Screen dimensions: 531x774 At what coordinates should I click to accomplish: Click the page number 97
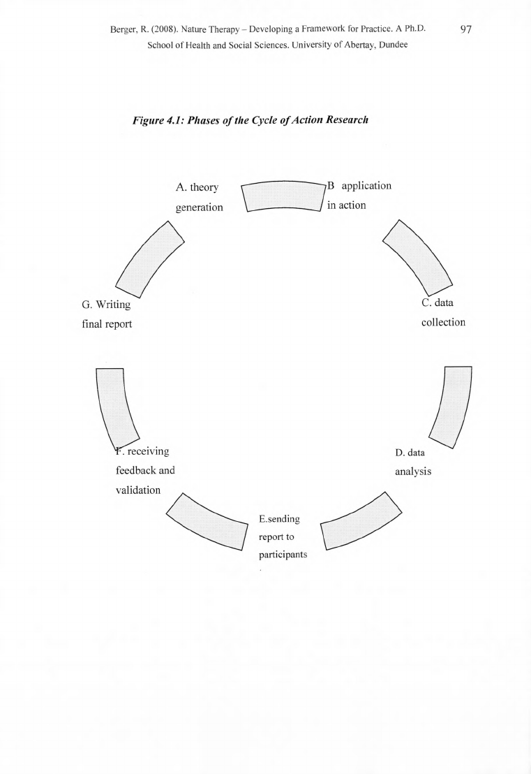[x=466, y=29]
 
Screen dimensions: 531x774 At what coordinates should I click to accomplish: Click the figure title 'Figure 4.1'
[x=157, y=120]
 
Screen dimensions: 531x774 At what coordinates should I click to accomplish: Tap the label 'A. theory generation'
[x=199, y=197]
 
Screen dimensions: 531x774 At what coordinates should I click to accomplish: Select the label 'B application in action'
[x=359, y=196]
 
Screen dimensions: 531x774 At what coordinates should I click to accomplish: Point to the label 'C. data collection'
[x=443, y=312]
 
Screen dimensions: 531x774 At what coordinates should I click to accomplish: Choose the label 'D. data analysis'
[x=413, y=462]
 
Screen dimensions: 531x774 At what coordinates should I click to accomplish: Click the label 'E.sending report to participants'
[x=283, y=536]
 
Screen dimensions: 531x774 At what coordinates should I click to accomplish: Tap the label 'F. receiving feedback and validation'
[x=145, y=470]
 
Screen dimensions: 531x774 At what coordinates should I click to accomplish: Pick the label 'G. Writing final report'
[x=107, y=314]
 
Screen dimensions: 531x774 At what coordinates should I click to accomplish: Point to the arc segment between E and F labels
[x=207, y=521]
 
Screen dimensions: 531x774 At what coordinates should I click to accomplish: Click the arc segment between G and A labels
[x=150, y=259]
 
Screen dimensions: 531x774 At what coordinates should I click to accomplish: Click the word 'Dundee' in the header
[x=394, y=45]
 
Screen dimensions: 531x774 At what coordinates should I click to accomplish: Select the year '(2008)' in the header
[x=163, y=29]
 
